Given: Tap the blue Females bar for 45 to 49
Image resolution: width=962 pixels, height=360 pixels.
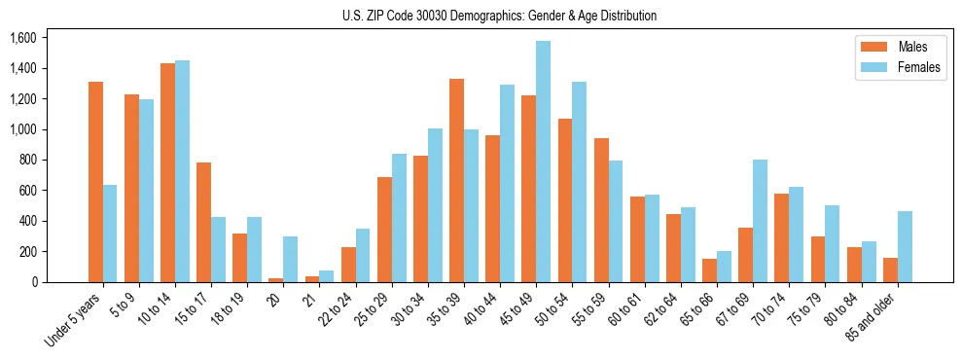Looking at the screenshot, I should coord(543,162).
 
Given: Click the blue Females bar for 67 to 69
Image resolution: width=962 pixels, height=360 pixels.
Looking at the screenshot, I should coord(760,221).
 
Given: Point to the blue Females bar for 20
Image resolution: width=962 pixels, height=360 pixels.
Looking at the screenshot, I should coord(290,259).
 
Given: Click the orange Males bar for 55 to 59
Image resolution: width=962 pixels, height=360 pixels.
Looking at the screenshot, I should coord(601,210).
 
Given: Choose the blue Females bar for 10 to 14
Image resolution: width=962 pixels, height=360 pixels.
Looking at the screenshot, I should coord(182,171).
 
